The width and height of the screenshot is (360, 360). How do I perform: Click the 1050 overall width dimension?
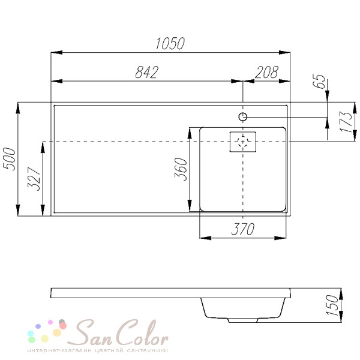170,43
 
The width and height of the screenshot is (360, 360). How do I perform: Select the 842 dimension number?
147,72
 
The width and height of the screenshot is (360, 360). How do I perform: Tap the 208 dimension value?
266,72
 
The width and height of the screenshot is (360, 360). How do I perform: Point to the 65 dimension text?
319,81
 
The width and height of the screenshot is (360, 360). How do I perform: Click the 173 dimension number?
346,122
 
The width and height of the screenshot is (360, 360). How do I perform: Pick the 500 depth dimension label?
10,159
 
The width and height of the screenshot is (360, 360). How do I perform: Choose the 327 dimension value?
34,179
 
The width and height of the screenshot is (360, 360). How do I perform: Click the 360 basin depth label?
181,169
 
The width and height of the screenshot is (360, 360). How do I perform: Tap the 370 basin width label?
243,229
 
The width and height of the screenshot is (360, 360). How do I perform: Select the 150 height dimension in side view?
332,305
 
